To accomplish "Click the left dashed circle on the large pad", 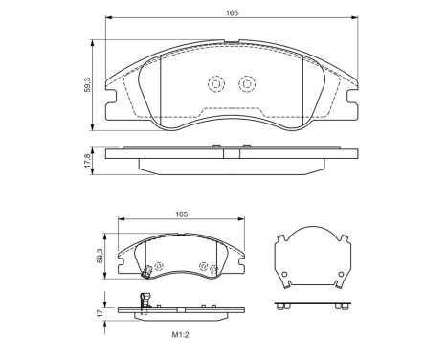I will [x=215, y=85].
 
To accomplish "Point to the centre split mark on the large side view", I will [x=223, y=152].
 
